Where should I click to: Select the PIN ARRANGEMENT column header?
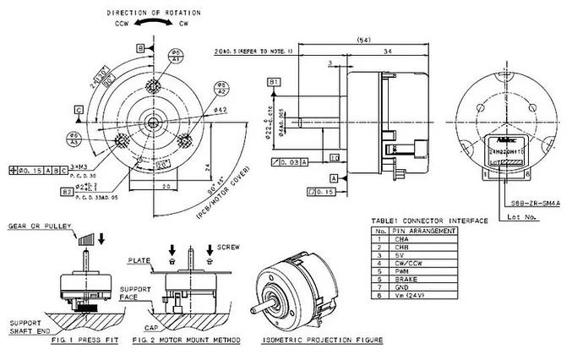point(427,229)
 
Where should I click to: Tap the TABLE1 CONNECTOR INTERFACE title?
point(428,220)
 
